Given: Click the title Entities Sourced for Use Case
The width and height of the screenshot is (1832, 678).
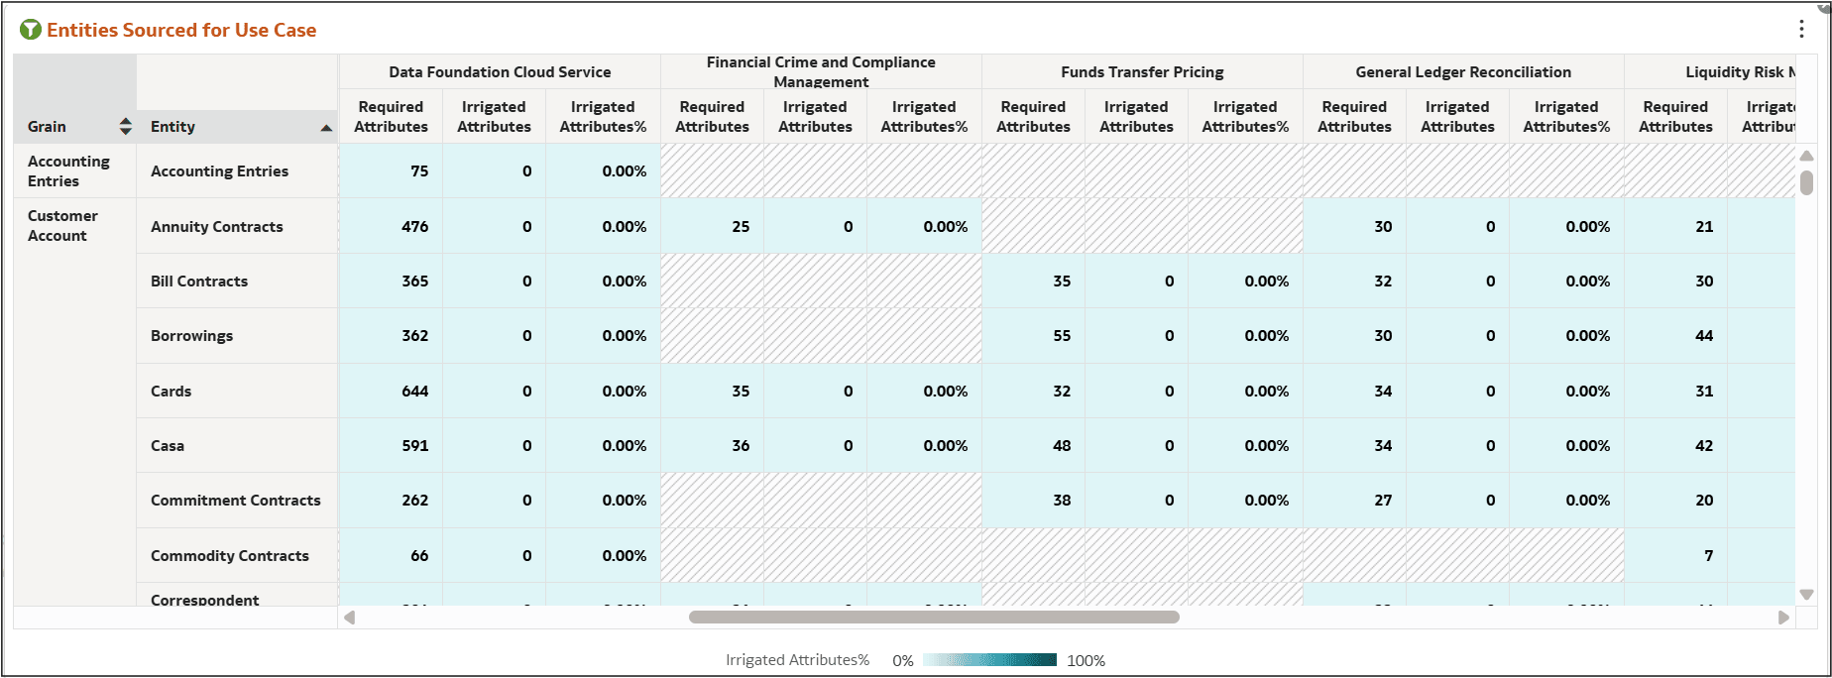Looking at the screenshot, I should [x=181, y=30].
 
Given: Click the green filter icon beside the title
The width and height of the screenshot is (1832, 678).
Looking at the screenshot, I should [x=31, y=30].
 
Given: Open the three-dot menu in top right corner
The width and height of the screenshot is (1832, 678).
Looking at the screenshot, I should [x=1801, y=29].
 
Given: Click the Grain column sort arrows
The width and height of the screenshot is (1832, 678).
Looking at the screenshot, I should [x=125, y=126].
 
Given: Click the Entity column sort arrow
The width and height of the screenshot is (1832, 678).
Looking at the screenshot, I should [x=326, y=128].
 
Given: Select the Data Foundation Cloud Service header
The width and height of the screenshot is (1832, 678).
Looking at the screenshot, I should [x=500, y=71].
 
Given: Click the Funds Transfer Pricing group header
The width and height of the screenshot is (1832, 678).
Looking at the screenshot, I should [x=1142, y=71].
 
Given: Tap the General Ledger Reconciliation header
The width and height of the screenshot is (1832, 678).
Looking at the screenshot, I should [x=1463, y=71].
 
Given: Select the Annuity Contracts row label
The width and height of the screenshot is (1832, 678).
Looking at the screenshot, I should [x=217, y=226].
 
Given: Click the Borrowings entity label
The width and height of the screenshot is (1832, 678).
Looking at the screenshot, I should [x=191, y=335].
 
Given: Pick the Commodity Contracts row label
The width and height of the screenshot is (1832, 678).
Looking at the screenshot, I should [x=230, y=555].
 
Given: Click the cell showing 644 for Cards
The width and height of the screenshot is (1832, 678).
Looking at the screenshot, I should [x=414, y=391].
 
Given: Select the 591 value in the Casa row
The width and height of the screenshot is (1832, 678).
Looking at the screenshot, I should [x=414, y=445].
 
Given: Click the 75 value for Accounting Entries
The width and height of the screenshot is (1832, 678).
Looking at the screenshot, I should [x=419, y=170].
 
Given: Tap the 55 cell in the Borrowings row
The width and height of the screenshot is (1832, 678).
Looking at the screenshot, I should [x=1061, y=335].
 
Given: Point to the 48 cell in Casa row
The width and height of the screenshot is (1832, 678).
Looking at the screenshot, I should [x=1061, y=445].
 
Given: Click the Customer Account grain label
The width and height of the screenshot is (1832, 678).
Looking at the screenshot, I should [x=62, y=225].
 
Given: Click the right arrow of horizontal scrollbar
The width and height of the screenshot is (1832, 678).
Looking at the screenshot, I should [x=1783, y=618].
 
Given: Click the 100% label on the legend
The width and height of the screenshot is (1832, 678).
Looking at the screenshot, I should [x=1086, y=660].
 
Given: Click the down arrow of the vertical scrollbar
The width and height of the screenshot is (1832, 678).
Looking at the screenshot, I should [x=1806, y=595].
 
